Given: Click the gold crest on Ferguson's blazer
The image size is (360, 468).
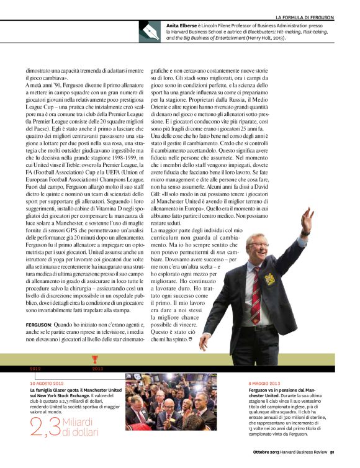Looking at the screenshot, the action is point(270,279).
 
